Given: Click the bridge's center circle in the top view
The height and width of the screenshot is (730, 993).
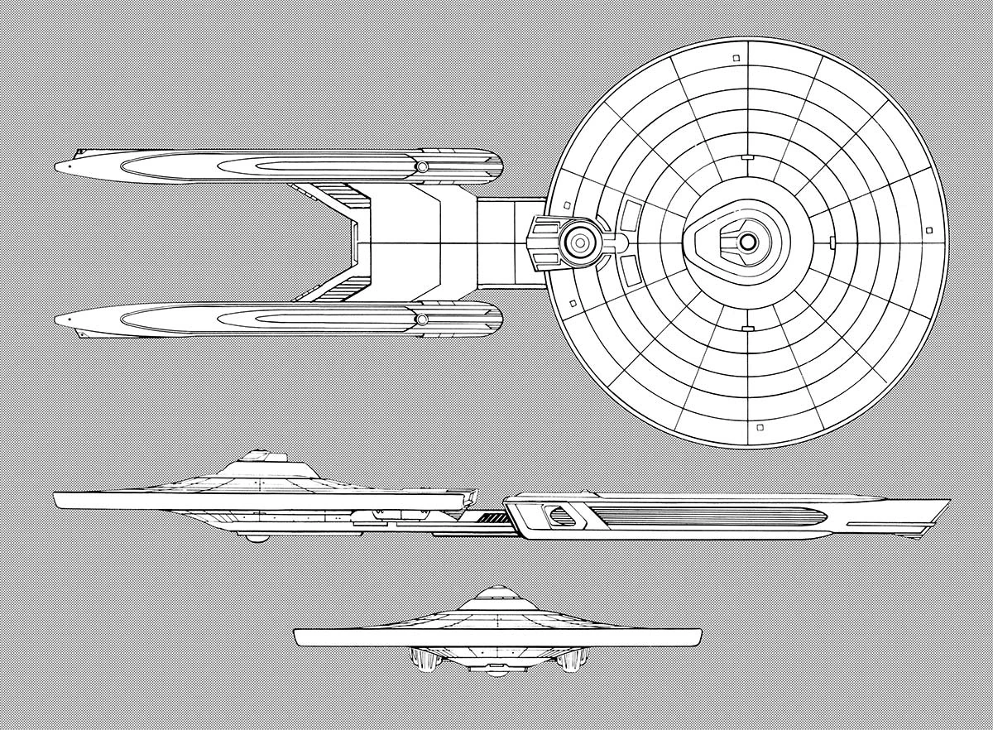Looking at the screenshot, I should tap(747, 242).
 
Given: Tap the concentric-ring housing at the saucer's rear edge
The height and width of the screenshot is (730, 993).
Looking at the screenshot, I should tap(579, 242).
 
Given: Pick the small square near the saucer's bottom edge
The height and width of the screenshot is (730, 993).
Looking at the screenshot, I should tap(759, 428).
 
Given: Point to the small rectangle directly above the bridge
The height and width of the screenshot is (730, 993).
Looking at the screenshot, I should tap(747, 156).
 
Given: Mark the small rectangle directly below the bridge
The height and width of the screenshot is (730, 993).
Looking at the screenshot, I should tap(747, 329).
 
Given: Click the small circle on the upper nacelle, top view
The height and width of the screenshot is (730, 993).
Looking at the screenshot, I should tap(422, 167).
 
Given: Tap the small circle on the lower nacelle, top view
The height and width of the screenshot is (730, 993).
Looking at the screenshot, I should tap(422, 319).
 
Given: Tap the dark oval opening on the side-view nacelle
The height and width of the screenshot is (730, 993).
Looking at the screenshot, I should tap(561, 516).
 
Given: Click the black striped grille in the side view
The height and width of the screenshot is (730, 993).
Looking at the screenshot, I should tap(494, 518).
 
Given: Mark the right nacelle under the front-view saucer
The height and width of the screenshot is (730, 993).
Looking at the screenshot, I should tap(571, 660).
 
